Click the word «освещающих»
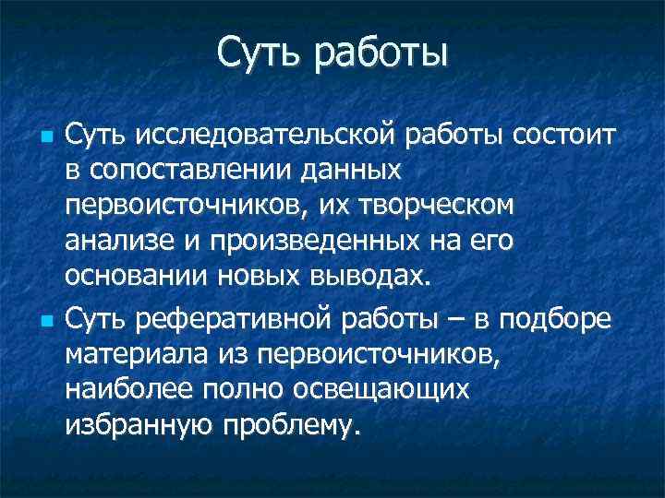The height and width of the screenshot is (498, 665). pos(379,390)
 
